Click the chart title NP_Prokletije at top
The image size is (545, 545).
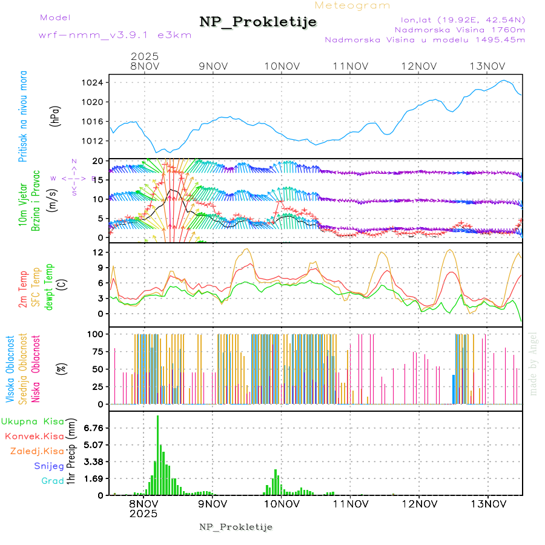(258, 22)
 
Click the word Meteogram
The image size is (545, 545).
(352, 5)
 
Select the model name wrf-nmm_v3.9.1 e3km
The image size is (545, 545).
(115, 35)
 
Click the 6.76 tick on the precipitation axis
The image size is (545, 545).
(94, 428)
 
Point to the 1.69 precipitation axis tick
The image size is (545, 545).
(94, 478)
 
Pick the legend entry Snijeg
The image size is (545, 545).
(49, 466)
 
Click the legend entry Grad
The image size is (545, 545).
(53, 481)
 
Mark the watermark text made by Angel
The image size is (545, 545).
(533, 363)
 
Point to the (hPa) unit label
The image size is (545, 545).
(55, 116)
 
